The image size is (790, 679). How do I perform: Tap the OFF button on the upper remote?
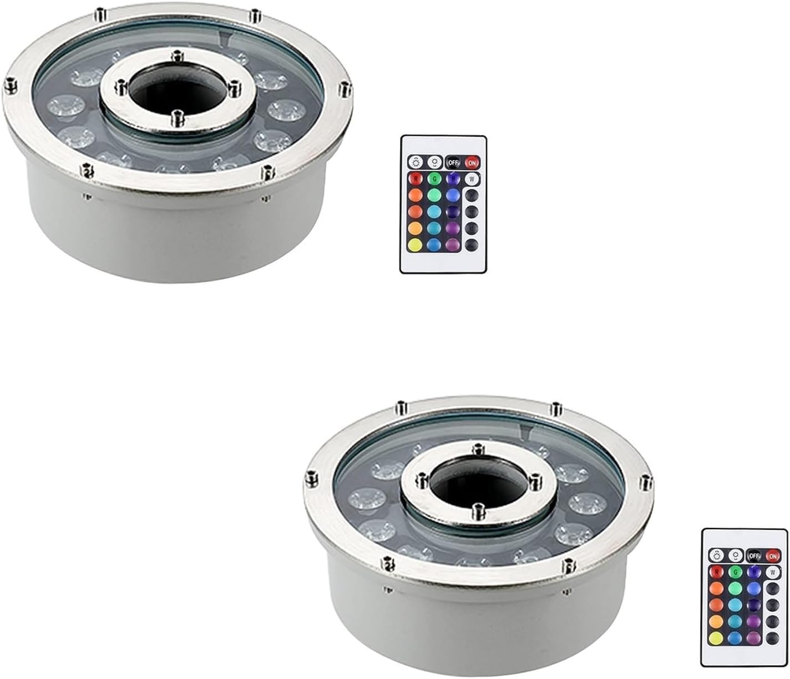tap(453, 163)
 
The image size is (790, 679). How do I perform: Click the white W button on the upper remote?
tap(472, 179)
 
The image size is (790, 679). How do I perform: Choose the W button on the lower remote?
tap(772, 572)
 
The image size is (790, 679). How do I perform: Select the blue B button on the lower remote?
tap(753, 572)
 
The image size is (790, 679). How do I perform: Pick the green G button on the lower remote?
tap(735, 572)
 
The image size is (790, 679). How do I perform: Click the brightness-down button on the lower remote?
tap(735, 555)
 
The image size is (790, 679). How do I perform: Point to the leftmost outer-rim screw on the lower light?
tap(312, 476)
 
